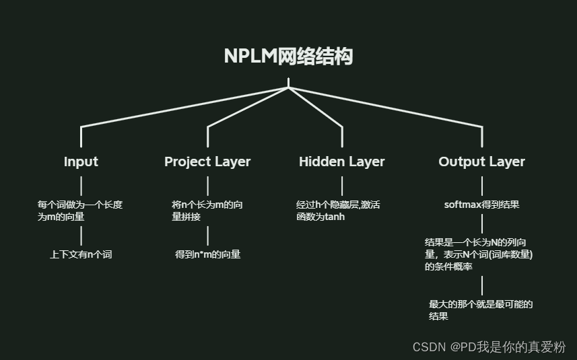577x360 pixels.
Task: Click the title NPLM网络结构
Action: [x=288, y=57]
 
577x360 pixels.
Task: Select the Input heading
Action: [x=81, y=161]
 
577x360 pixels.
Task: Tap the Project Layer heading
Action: [x=207, y=161]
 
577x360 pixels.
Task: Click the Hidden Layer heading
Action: [x=342, y=161]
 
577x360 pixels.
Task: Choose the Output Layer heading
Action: [x=481, y=161]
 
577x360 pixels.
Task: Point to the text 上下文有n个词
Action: [x=81, y=254]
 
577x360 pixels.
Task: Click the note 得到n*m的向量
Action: [x=207, y=254]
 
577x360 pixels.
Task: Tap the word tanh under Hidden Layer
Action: [x=334, y=217]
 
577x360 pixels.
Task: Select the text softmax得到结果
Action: [x=481, y=204]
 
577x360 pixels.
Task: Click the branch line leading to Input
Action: [x=182, y=107]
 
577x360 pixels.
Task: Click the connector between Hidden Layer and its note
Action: [x=342, y=185]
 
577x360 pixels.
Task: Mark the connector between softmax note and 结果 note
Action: [x=482, y=223]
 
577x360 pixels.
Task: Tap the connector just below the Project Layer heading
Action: [x=207, y=185]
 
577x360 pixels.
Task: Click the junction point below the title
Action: [x=288, y=87]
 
